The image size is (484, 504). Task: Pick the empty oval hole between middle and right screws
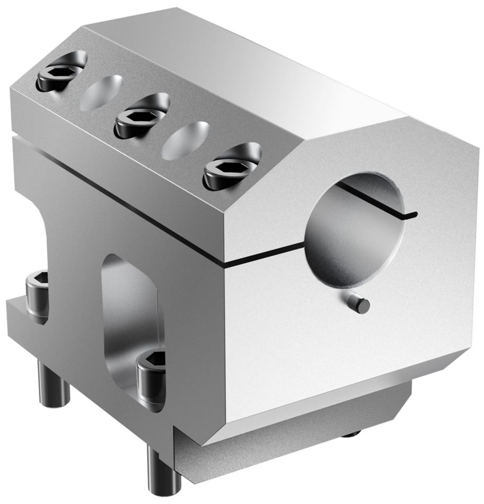coord(187,139)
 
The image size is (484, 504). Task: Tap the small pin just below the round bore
coord(362,306)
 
